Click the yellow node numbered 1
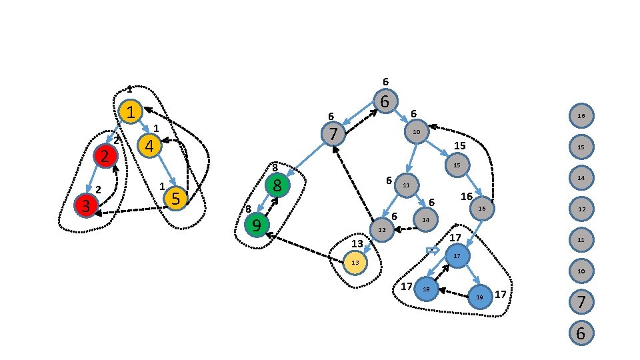pos(131,111)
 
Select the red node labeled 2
pos(105,156)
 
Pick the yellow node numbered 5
pos(175,198)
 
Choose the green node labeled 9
pos(256,225)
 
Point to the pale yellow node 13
pos(355,263)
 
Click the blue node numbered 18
pos(425,289)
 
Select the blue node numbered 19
pos(479,296)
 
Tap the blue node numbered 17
pos(457,255)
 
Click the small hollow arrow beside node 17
pos(433,251)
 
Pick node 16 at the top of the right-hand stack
pos(581,116)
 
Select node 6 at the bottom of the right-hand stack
pos(581,333)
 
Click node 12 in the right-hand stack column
pos(581,209)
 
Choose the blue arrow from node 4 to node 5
pos(163,171)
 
